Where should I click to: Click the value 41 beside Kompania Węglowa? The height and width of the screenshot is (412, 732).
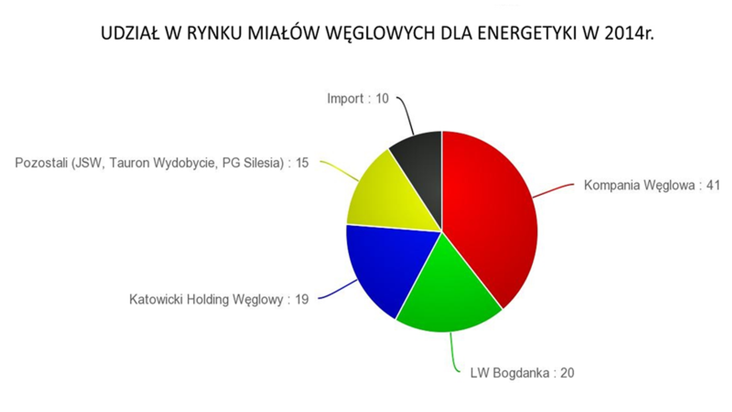(x=713, y=185)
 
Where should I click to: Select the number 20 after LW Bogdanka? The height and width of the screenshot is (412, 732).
(x=567, y=373)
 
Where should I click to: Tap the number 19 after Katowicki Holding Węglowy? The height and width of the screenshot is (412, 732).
(x=302, y=299)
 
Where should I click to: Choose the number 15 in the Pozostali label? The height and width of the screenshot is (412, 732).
(x=302, y=163)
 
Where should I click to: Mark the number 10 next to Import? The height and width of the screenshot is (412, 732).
(x=382, y=98)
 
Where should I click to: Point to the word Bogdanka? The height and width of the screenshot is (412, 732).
(x=521, y=373)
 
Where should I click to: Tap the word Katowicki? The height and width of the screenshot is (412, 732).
(x=156, y=299)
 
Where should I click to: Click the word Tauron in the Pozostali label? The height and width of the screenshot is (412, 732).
(x=129, y=163)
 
